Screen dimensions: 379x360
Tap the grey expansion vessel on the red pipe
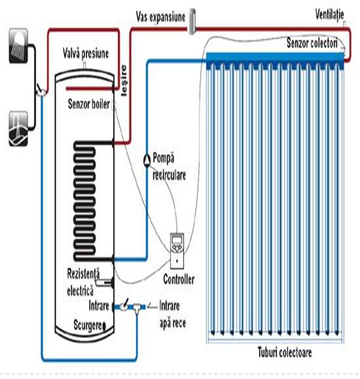194,18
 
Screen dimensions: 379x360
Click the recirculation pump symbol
145,158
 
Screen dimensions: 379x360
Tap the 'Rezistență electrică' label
83,281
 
